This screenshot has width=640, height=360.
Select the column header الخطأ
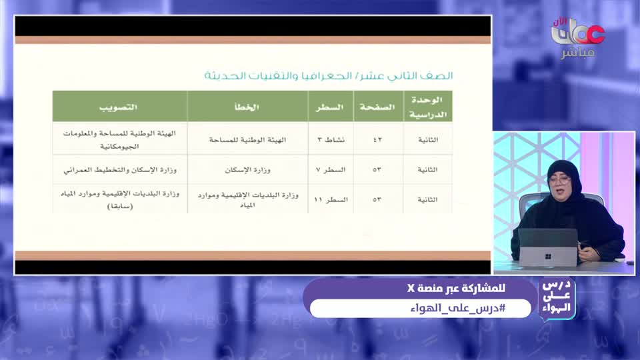[x=247, y=107]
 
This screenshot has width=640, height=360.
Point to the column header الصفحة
[x=377, y=107]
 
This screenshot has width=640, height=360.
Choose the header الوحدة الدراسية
[x=428, y=107]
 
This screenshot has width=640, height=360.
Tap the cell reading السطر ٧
[x=331, y=169]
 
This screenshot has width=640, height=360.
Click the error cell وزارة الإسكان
[x=247, y=169]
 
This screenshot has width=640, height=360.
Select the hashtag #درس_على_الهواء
[x=420, y=308]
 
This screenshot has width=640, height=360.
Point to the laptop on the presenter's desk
[x=548, y=247]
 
